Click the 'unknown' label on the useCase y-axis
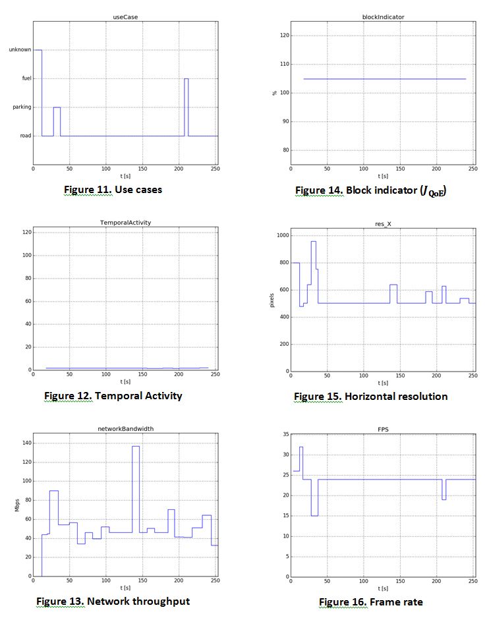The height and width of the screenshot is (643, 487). click(20, 49)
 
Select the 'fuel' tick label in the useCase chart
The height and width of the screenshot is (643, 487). click(26, 78)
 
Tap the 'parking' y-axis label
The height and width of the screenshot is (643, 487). click(22, 107)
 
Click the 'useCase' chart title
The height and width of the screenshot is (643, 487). click(125, 16)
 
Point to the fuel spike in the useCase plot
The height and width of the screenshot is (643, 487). click(186, 80)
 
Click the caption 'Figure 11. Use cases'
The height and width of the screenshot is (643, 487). click(113, 190)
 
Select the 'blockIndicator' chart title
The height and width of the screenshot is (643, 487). click(383, 16)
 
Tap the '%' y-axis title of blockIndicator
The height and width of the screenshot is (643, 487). click(275, 93)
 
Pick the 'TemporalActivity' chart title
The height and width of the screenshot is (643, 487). click(125, 222)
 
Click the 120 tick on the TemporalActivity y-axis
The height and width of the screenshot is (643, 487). click(27, 232)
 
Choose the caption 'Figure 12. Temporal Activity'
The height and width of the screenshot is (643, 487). click(113, 396)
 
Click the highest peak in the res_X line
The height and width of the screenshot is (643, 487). click(313, 242)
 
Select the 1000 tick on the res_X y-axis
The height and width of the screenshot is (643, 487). click(281, 235)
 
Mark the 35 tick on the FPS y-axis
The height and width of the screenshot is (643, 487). click(285, 435)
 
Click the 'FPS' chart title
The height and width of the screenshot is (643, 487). click(383, 429)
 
